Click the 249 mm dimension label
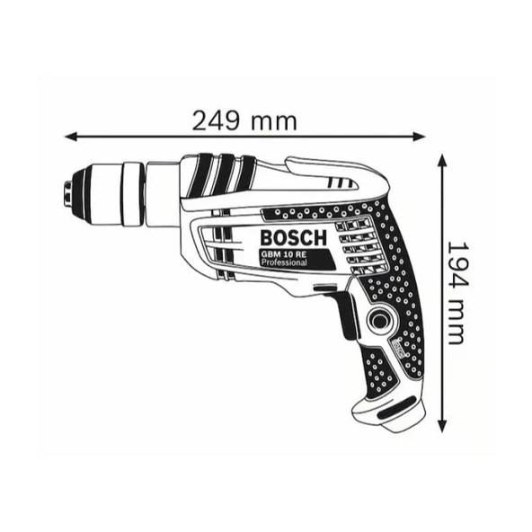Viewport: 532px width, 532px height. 244,120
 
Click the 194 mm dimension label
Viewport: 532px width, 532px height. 458,293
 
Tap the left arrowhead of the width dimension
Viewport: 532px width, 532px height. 71,137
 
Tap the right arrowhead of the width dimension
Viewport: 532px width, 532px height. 419,137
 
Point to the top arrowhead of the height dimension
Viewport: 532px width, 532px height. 441,160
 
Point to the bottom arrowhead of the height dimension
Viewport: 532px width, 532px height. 441,426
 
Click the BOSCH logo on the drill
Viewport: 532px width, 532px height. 294,238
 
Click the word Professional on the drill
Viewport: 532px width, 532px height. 284,262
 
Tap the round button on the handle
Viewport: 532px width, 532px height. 379,320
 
